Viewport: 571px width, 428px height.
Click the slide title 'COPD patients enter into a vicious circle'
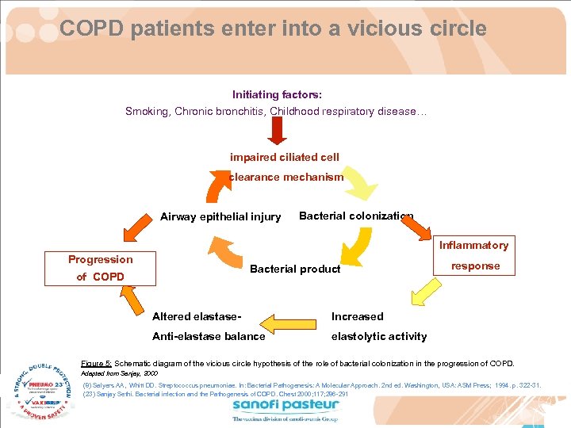273,29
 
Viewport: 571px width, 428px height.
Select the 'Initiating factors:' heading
277,94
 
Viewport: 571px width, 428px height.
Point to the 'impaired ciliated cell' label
285,157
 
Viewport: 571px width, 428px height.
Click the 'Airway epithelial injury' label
220,216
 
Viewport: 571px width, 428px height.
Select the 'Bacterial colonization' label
356,216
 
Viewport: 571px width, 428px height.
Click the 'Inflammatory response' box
476,256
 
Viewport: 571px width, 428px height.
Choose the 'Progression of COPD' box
100,268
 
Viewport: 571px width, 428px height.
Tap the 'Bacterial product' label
295,269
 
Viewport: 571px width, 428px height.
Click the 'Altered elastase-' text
197,316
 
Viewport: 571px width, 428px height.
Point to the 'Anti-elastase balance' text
209,336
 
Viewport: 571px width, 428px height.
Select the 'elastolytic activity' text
378,336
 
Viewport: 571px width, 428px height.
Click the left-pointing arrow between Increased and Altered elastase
289,325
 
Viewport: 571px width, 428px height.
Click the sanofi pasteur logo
285,410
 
